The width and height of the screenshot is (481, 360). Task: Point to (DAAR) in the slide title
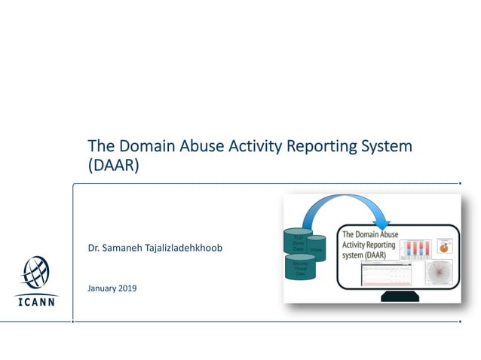point(114,166)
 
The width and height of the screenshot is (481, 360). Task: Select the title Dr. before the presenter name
point(93,248)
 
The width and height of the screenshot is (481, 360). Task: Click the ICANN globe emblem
point(36,273)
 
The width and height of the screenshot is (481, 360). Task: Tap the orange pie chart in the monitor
point(443,247)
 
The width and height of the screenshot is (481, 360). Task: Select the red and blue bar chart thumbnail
point(417,249)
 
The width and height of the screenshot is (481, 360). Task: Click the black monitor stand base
point(400,296)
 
